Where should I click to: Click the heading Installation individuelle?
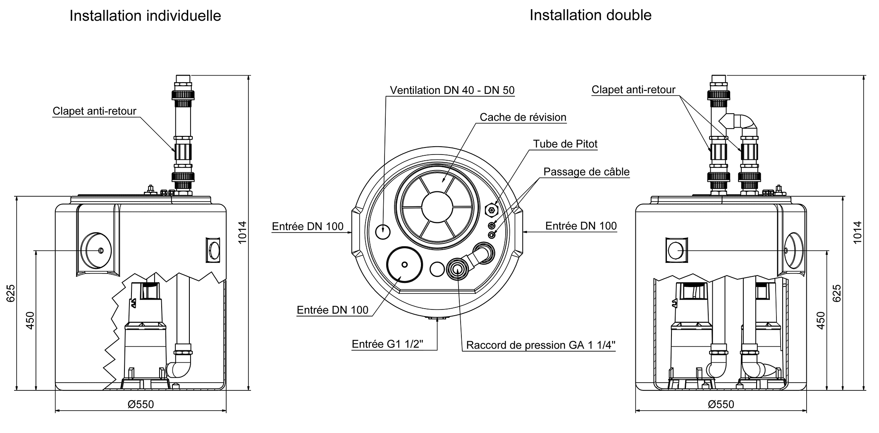coord(145,16)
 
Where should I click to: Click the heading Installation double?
coord(590,15)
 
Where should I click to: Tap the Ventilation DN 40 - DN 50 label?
coord(452,90)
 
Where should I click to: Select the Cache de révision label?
coord(523,117)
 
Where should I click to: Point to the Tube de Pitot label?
coord(565,144)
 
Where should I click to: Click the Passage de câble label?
coord(586,172)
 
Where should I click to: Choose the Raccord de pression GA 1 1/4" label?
coord(540,345)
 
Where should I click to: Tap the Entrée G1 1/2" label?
coord(387,344)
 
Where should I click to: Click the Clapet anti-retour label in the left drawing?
coord(94,111)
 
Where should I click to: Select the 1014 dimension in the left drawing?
coord(242,232)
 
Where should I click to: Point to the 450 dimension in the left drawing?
coord(30,320)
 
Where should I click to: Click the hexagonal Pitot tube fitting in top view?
coord(491,210)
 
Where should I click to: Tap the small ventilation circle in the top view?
coord(382,231)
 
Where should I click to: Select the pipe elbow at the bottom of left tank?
coord(180,367)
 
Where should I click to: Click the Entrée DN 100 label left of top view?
coord(307,226)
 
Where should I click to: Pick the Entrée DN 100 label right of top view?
coord(580,226)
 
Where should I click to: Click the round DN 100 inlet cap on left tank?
coord(96,251)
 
